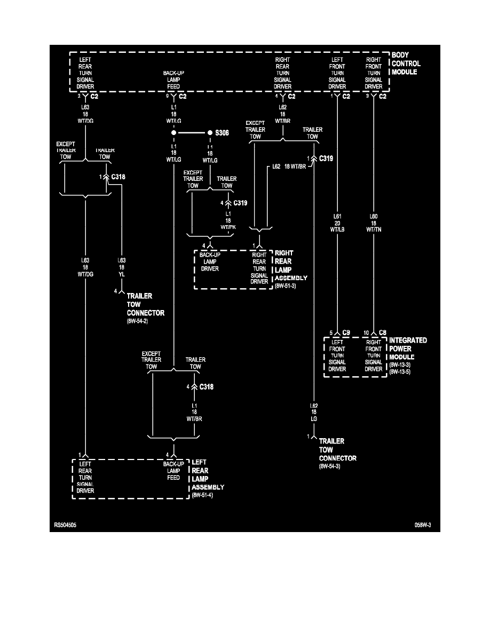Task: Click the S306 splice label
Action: tap(222, 132)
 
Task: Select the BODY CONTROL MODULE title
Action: tap(406, 64)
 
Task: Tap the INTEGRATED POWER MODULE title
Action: tap(408, 348)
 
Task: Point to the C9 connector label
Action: tap(346, 332)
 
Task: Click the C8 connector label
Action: tap(383, 332)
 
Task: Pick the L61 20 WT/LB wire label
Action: tap(337, 223)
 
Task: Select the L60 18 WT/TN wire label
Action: tap(374, 223)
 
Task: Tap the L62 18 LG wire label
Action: tap(314, 413)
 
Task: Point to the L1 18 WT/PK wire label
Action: tap(228, 220)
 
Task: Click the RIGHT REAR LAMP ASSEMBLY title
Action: tap(291, 265)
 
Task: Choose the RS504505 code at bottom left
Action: tap(65, 525)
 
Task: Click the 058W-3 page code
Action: tap(423, 525)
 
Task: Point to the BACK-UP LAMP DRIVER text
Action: tap(210, 261)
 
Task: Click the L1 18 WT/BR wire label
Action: tap(194, 413)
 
